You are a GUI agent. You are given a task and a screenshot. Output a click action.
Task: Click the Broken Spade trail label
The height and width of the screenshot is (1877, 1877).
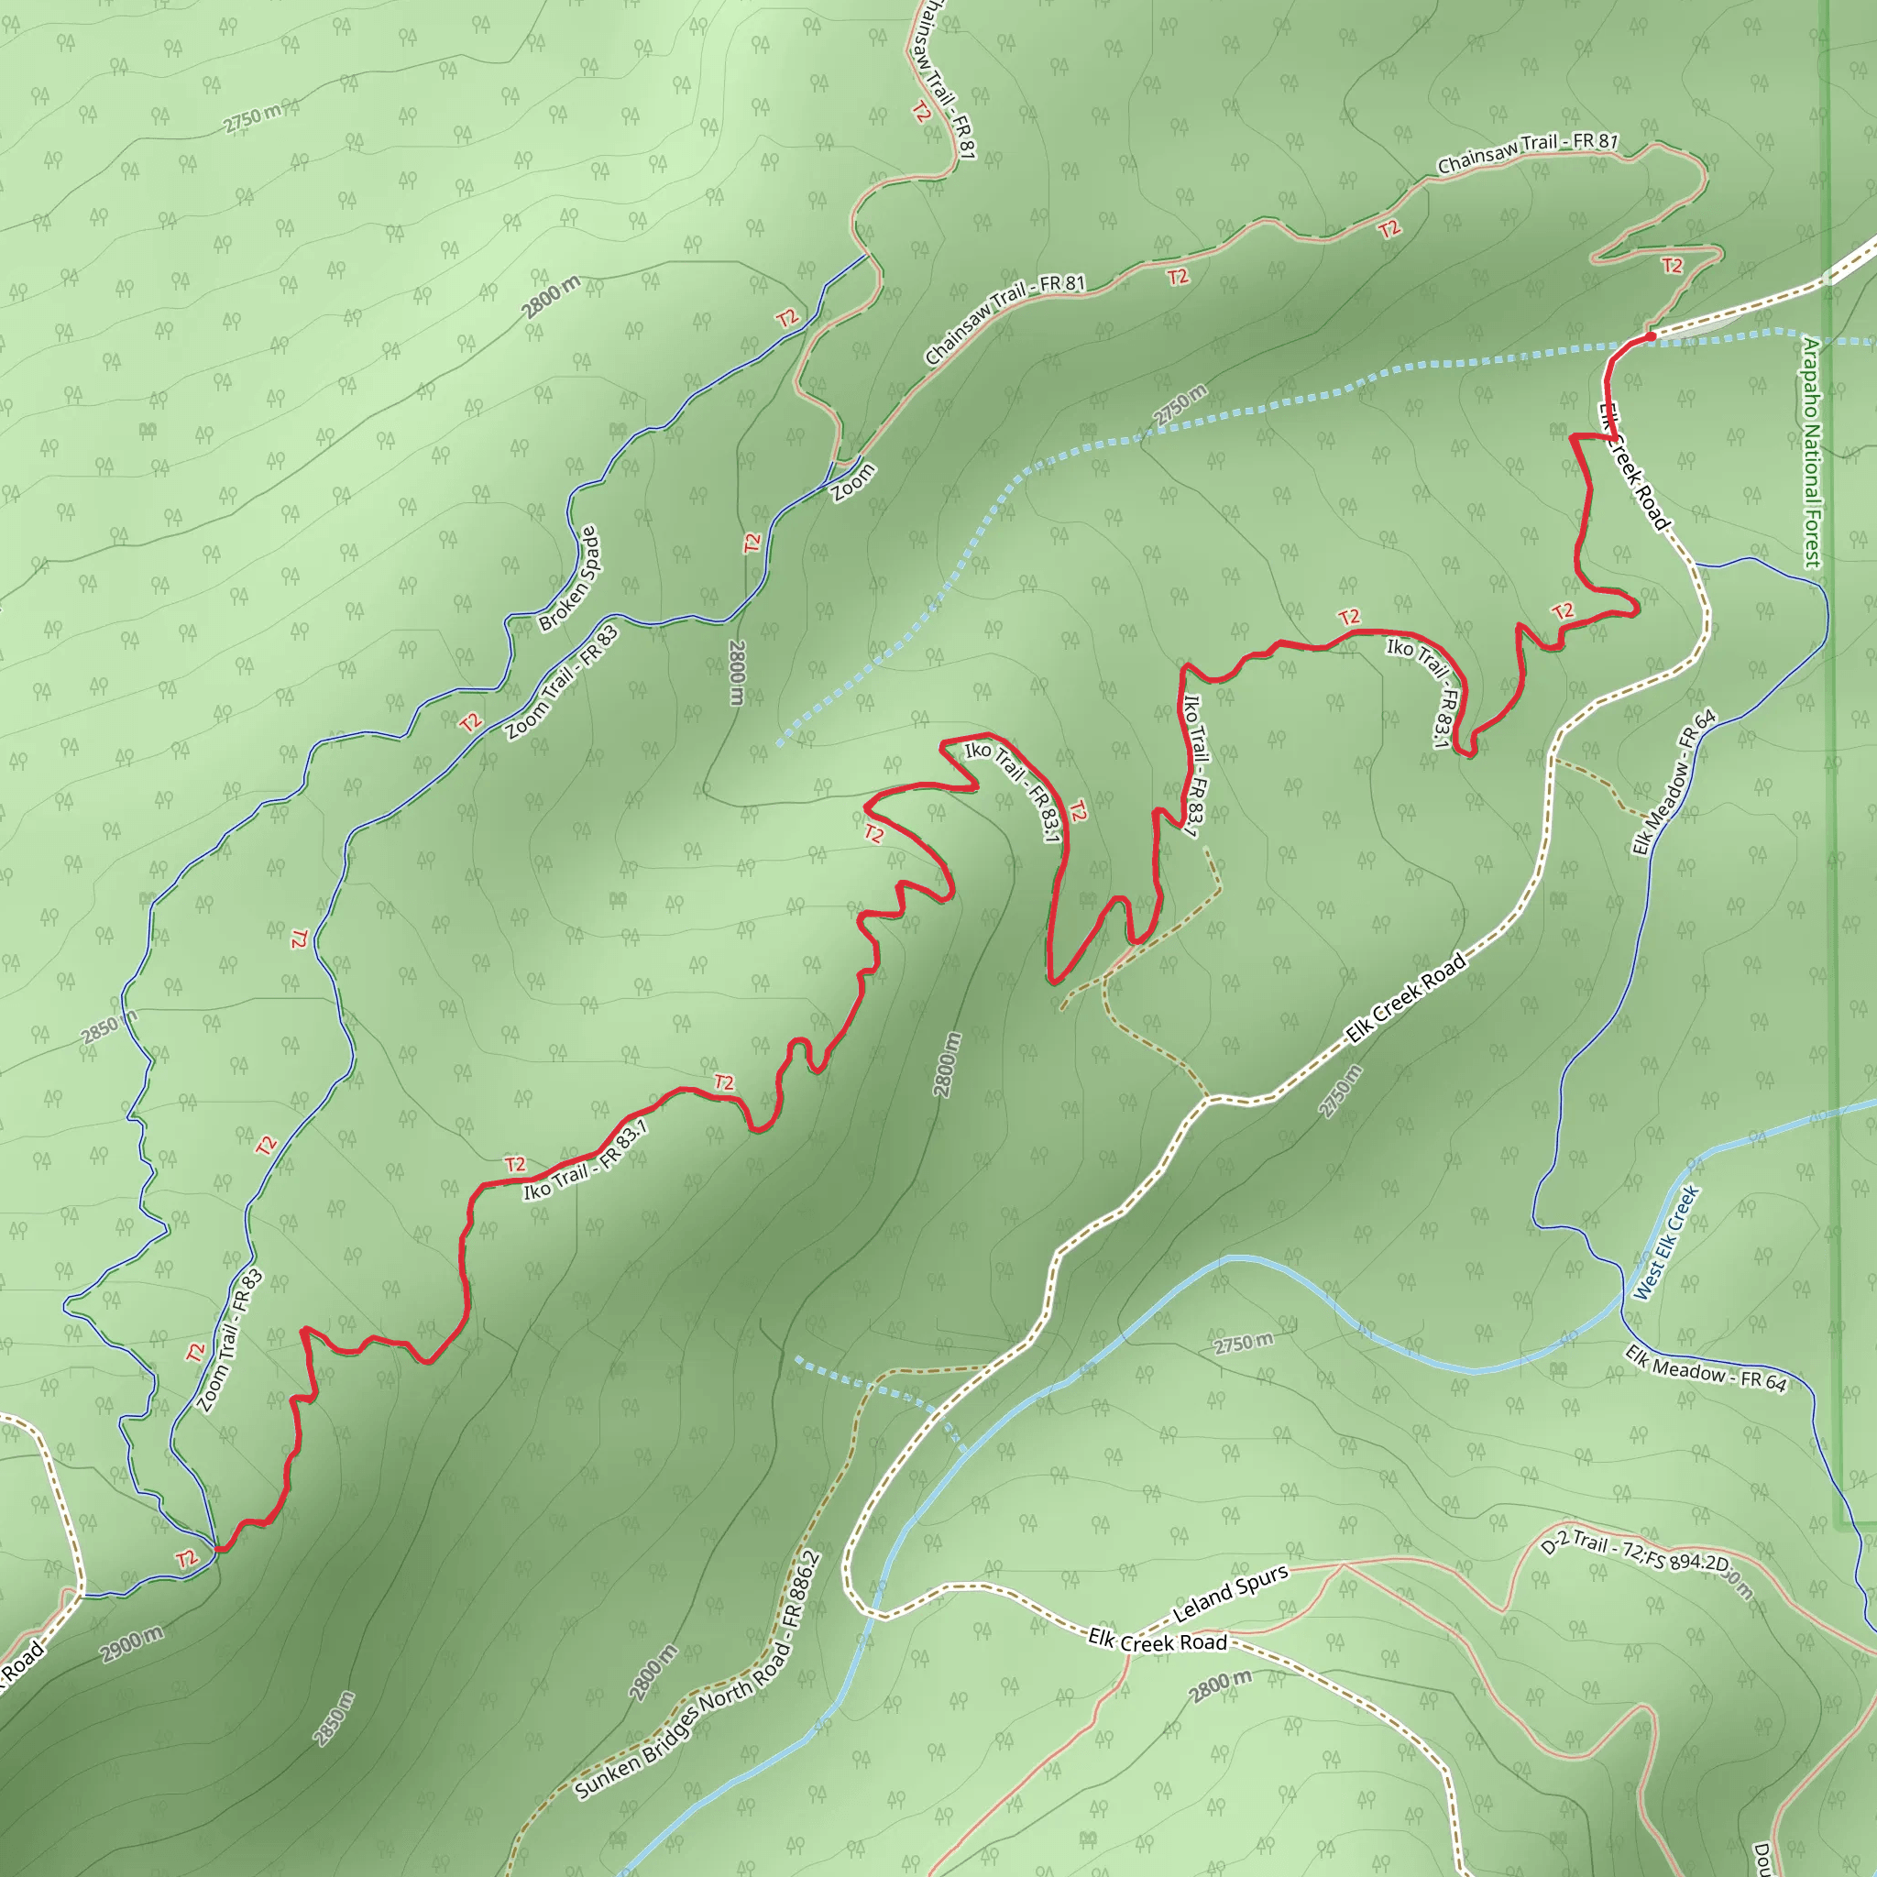[x=570, y=579]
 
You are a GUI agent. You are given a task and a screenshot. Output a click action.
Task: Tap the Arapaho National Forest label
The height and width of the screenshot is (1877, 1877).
[x=1811, y=453]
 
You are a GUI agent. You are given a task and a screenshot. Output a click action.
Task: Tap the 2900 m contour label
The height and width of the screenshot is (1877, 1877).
[x=131, y=1644]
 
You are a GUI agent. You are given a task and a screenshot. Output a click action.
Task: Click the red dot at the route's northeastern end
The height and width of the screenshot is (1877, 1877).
[x=1651, y=337]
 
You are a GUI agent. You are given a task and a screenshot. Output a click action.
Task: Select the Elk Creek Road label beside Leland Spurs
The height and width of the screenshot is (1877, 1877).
[x=1158, y=1640]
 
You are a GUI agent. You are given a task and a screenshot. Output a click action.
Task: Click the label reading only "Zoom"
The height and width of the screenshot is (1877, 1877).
[x=854, y=483]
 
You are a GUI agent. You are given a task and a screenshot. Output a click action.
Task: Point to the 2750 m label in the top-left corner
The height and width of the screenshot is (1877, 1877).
[x=252, y=118]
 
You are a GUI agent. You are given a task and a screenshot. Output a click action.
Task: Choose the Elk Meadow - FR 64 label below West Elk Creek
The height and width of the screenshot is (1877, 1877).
[x=1706, y=1369]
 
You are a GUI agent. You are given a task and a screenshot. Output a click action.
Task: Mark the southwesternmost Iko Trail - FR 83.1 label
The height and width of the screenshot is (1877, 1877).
[x=585, y=1159]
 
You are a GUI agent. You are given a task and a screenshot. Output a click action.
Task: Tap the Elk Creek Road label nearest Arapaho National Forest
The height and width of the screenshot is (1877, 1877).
[x=1633, y=467]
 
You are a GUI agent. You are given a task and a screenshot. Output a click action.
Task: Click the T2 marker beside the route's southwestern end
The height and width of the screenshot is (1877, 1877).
[x=187, y=1559]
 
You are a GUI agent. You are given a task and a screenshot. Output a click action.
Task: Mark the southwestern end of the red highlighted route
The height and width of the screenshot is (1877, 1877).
[x=220, y=1550]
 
